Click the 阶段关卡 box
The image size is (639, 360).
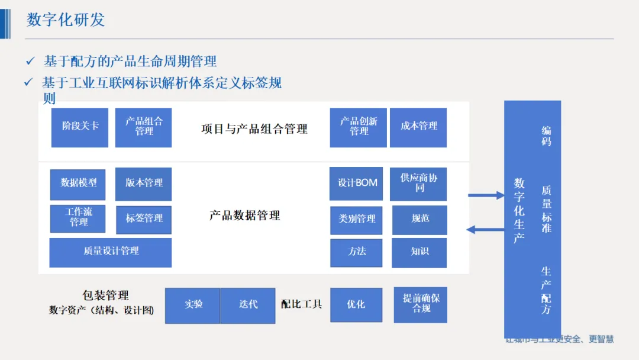point(80,127)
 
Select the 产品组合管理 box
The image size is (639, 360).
point(144,127)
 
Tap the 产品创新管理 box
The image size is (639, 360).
point(359,127)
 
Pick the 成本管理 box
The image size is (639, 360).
point(418,127)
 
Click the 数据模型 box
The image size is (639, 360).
point(78,184)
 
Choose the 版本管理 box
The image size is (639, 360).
point(144,184)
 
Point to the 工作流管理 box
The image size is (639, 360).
point(78,218)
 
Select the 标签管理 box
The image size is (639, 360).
point(144,219)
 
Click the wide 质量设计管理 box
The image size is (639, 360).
point(111,252)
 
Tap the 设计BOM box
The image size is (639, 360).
point(357,184)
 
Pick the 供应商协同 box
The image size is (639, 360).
point(419,184)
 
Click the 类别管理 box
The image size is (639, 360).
point(357,220)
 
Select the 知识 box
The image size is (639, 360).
point(419,253)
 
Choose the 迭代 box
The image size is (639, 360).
point(248,305)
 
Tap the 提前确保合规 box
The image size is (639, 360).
point(421,304)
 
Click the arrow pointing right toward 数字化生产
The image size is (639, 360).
point(486,195)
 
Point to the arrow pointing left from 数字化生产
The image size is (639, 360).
point(485,230)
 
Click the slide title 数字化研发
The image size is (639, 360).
point(66,20)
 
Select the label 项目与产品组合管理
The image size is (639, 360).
point(254,129)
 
